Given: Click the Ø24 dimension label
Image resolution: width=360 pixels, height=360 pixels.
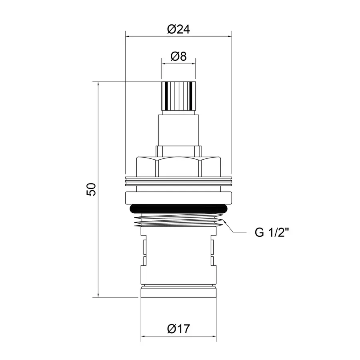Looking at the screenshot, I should [x=178, y=29].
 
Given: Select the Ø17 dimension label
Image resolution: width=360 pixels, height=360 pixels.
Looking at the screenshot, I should [x=178, y=329].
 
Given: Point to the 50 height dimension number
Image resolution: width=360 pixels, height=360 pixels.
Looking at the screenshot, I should [x=91, y=189].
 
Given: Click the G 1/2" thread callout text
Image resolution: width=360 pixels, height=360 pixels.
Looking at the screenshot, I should [x=272, y=233].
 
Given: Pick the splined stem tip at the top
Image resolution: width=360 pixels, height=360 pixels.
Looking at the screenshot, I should [x=178, y=96].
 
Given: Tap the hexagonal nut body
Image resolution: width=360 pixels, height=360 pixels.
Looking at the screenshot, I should [x=178, y=166].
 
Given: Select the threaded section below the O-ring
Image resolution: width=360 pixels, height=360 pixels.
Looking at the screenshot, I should [x=178, y=220].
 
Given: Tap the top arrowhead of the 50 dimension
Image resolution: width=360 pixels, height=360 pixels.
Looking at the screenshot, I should [x=98, y=84].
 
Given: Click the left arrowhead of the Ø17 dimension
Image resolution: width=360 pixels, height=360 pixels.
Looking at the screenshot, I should [x=143, y=336].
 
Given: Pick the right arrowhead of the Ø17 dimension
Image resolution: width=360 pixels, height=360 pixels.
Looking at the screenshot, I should [x=214, y=336].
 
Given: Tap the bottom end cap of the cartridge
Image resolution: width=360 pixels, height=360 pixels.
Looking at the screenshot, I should [x=178, y=291].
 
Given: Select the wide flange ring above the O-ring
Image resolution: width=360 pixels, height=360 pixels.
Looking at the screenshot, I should [x=178, y=197].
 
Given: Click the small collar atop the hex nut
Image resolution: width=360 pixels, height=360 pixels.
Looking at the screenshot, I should [x=178, y=151].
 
